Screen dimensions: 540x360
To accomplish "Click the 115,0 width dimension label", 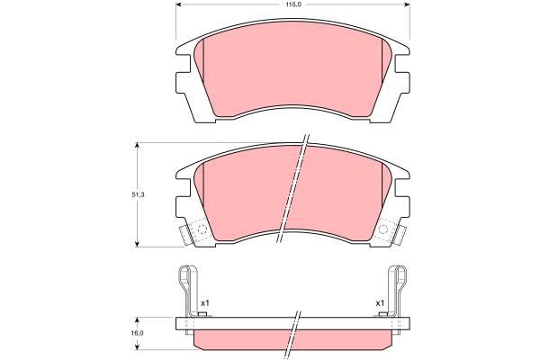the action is pyautogui.click(x=292, y=4).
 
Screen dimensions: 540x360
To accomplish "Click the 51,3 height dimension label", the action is pyautogui.click(x=138, y=194).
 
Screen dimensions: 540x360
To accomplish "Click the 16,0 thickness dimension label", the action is pyautogui.click(x=138, y=333).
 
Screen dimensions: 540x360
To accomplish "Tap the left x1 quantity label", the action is pyautogui.click(x=205, y=303).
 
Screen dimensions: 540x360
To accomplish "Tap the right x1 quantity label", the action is pyautogui.click(x=380, y=303).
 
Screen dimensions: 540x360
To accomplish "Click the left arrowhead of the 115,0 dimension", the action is pyautogui.click(x=179, y=4).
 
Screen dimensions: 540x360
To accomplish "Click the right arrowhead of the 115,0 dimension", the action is pyautogui.click(x=407, y=4).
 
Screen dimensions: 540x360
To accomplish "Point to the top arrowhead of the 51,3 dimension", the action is pyautogui.click(x=138, y=146).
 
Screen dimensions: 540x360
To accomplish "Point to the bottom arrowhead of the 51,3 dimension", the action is pyautogui.click(x=138, y=244).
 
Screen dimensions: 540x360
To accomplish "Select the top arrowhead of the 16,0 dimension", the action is pyautogui.click(x=138, y=320).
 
